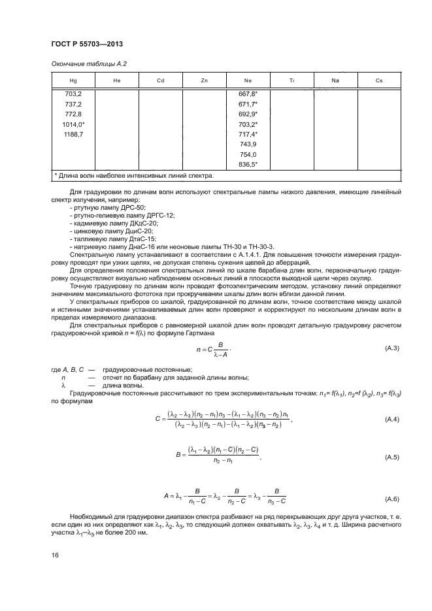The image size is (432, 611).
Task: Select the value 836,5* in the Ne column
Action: click(x=248, y=164)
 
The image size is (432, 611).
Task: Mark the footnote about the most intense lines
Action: click(x=133, y=176)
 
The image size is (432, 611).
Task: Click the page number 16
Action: click(x=55, y=555)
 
